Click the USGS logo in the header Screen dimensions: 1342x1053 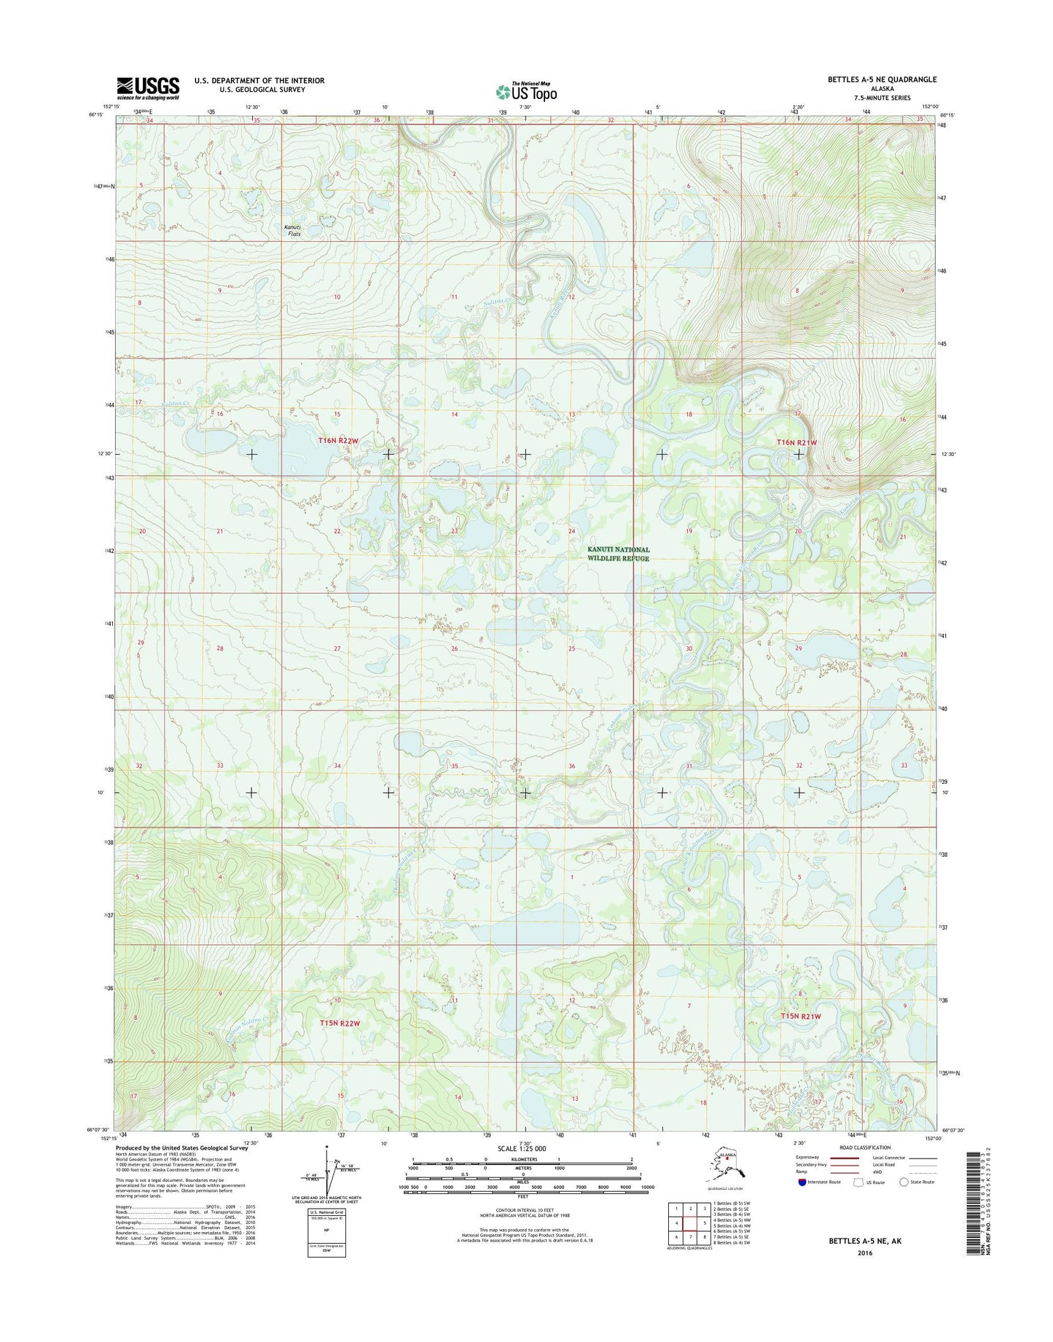tap(148, 88)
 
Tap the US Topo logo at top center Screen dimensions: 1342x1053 tap(526, 91)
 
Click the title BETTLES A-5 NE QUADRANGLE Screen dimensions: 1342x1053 tap(882, 79)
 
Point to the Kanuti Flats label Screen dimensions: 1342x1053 tap(292, 230)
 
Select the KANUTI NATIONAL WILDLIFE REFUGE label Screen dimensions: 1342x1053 tap(618, 554)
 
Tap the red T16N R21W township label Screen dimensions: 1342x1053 tap(796, 442)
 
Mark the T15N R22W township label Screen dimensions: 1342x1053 tap(340, 1023)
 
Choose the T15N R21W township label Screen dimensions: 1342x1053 tap(801, 1016)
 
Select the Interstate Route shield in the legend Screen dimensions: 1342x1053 tap(802, 1182)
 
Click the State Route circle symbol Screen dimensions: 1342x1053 tap(904, 1182)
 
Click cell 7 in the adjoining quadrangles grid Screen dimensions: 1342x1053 tap(691, 1236)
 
